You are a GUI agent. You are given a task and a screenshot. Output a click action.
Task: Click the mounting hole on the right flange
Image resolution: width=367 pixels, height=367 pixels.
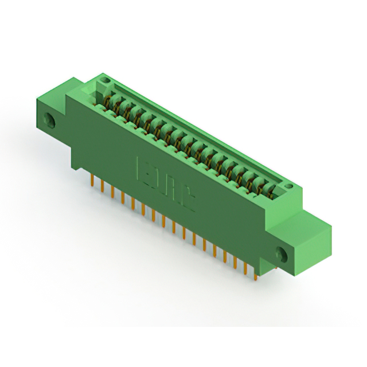[282, 253]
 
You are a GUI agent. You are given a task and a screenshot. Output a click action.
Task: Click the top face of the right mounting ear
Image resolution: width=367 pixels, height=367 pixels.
[313, 221]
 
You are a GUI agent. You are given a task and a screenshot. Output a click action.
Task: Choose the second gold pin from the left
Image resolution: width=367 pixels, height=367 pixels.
[103, 186]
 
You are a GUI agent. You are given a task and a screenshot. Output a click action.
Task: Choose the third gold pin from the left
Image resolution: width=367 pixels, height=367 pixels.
[113, 191]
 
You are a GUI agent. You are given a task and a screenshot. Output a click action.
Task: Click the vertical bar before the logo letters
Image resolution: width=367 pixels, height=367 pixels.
[138, 167]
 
